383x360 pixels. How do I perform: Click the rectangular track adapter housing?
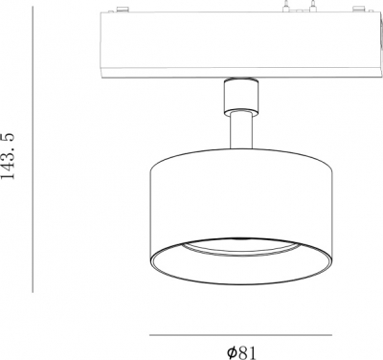tap(234, 43)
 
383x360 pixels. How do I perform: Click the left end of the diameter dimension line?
tap(151, 334)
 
